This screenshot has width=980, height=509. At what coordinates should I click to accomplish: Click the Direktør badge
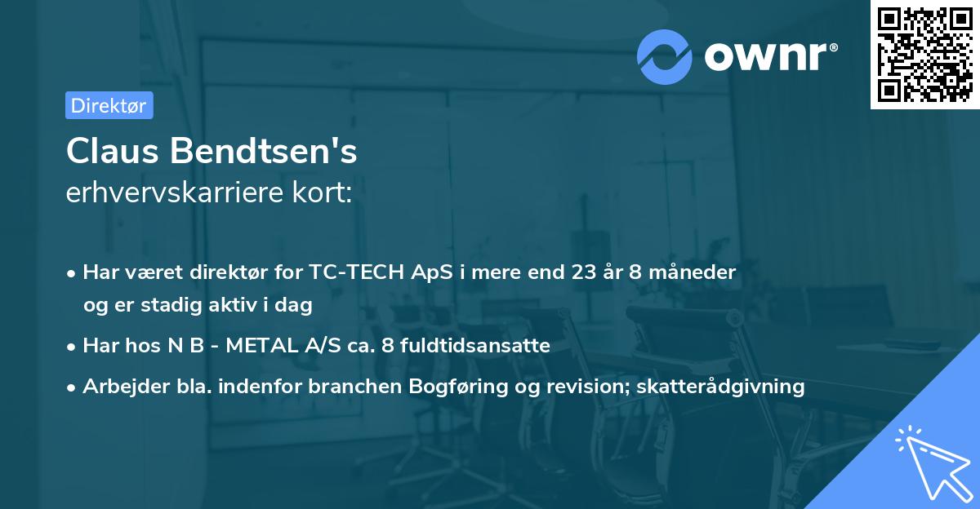109,104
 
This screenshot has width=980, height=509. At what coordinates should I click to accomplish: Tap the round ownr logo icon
665,56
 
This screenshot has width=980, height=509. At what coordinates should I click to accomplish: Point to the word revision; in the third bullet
580,387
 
